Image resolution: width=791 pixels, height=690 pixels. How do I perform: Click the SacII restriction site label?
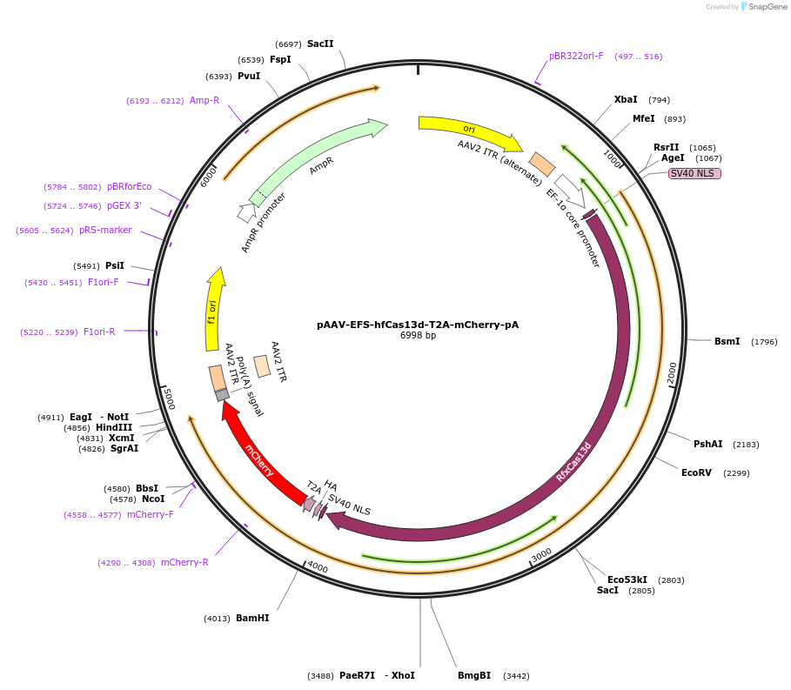point(320,44)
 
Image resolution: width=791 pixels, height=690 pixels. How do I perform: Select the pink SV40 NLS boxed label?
point(694,173)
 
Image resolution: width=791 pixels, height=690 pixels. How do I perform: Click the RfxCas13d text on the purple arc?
point(573,462)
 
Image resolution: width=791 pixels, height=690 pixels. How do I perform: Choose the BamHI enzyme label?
point(252,618)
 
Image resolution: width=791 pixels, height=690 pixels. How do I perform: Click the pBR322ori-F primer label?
point(576,56)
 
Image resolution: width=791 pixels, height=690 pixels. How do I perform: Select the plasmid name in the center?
point(418,325)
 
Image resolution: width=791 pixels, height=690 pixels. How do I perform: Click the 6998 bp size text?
point(418,335)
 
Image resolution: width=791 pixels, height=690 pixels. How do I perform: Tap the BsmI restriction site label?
point(727,341)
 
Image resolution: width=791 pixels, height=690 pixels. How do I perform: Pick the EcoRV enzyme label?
point(696,472)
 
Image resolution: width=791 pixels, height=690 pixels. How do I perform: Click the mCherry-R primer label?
point(184,562)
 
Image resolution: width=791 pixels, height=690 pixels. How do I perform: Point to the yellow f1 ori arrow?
point(213,309)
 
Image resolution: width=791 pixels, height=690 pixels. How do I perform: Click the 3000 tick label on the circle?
point(541,554)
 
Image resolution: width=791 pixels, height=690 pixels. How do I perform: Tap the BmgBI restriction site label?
point(474,675)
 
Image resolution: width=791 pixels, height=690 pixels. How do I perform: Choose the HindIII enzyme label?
point(114,427)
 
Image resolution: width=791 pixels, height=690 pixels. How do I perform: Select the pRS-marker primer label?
point(105,230)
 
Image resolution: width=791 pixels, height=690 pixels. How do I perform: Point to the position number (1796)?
point(764,341)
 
